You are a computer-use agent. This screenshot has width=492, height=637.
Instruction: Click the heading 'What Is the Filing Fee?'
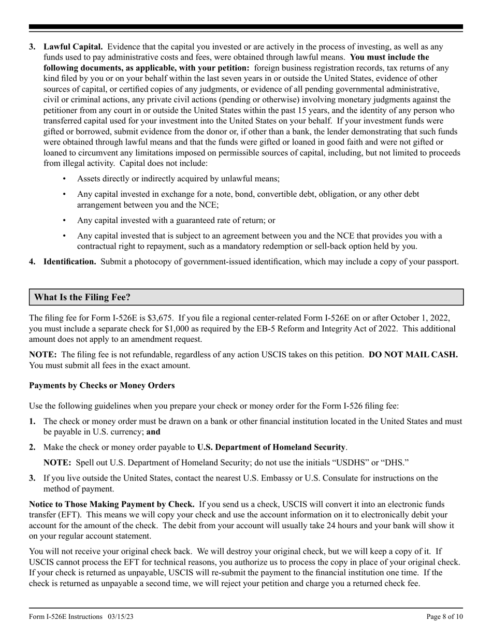[82, 297]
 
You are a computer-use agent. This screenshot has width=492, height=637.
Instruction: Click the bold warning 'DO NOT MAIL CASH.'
[413, 355]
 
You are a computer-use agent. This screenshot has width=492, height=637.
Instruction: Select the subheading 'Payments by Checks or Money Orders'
[102, 385]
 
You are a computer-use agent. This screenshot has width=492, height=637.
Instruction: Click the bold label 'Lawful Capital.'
[73, 47]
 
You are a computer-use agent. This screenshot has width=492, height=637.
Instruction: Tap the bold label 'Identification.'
[69, 262]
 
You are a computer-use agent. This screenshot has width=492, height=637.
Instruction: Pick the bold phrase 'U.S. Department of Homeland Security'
[271, 447]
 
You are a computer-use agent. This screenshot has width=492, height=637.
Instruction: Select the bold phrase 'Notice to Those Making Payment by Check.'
[112, 504]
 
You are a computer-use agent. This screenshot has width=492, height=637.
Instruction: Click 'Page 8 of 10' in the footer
[444, 616]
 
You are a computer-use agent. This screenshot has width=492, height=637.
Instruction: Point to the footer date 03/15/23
[122, 616]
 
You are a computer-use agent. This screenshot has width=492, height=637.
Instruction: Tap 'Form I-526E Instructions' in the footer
[66, 616]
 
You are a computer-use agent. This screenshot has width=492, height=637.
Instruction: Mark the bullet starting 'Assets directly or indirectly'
[178, 179]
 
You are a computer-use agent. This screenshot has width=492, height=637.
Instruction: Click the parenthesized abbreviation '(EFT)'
[66, 515]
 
